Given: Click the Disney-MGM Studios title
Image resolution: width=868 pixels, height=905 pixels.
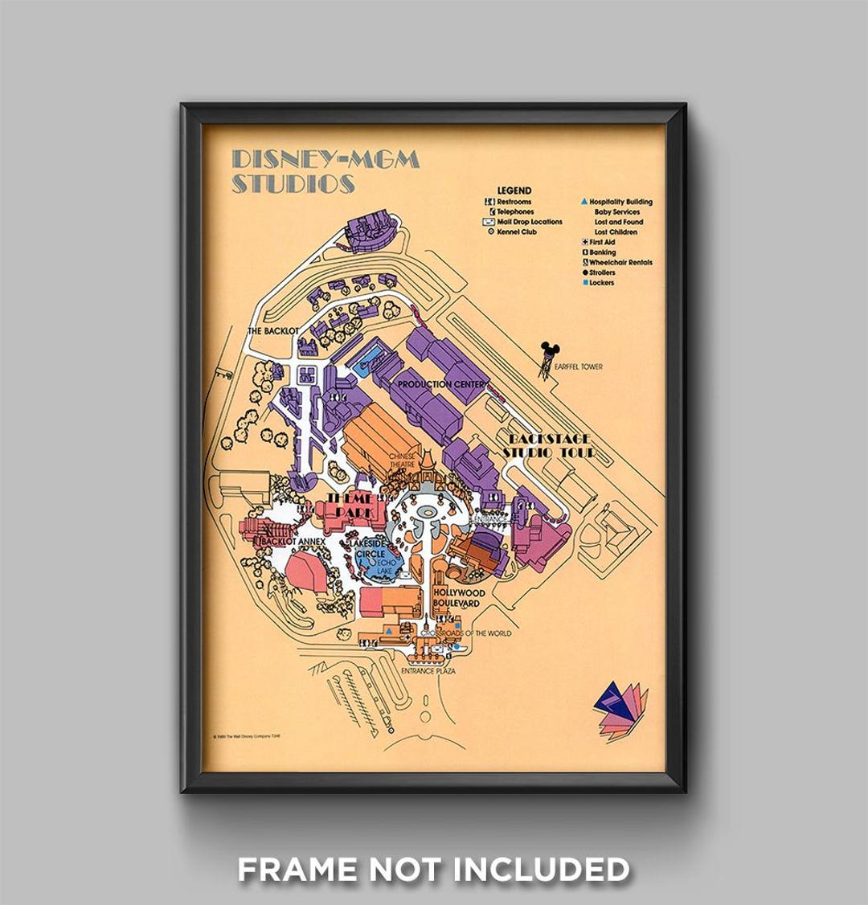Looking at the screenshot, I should click(325, 171).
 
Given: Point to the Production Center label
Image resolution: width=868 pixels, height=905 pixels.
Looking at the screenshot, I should click(441, 384).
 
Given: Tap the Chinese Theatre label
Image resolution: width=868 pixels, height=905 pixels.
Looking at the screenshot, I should click(403, 461).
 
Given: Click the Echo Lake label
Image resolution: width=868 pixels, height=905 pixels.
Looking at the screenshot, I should click(378, 567).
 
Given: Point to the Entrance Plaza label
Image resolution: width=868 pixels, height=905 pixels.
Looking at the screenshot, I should click(428, 670).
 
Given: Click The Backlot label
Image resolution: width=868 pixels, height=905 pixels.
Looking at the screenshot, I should click(273, 331).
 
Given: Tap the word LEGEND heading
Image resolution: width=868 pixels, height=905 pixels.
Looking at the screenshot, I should click(514, 190).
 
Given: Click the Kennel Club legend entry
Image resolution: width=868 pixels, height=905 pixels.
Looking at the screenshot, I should click(516, 231).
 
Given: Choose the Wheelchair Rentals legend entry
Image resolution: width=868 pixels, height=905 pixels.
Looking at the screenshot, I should click(620, 263).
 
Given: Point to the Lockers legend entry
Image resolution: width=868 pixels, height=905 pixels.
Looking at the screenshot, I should click(601, 283).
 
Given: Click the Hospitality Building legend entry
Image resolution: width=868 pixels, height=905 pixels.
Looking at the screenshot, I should click(620, 202).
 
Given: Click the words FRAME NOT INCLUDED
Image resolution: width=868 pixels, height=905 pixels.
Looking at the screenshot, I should click(433, 869).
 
